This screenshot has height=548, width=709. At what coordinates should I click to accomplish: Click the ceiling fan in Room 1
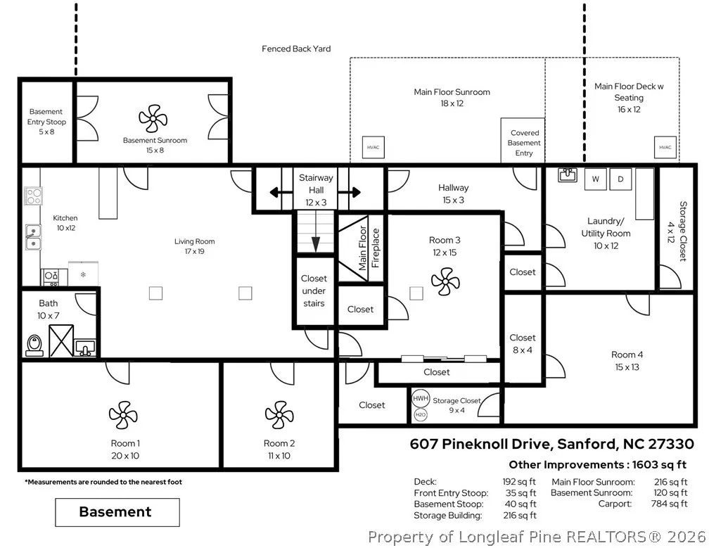pyautogui.click(x=123, y=415)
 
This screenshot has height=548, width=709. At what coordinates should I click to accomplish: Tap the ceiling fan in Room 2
pyautogui.click(x=279, y=415)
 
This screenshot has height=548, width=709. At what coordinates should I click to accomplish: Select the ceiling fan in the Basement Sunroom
pyautogui.click(x=153, y=118)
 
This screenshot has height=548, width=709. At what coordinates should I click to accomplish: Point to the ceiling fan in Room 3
pyautogui.click(x=445, y=281)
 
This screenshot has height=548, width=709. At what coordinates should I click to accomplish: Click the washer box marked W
pyautogui.click(x=596, y=179)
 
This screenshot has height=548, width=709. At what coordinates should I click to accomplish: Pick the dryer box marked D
pyautogui.click(x=620, y=179)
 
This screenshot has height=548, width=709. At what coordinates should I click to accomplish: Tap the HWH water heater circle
pyautogui.click(x=421, y=398)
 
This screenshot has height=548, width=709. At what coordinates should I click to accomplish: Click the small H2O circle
pyautogui.click(x=421, y=414)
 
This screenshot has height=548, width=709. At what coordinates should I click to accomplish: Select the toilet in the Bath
pyautogui.click(x=34, y=345)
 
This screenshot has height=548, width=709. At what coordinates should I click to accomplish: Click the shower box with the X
pyautogui.click(x=61, y=340)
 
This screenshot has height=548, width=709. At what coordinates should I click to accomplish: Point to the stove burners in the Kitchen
pyautogui.click(x=34, y=196)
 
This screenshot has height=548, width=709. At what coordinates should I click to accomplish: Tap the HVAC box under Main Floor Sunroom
pyautogui.click(x=373, y=148)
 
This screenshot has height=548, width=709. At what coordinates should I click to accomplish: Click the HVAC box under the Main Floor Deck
pyautogui.click(x=665, y=148)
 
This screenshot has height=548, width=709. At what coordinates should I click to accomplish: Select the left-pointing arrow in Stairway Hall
pyautogui.click(x=281, y=193)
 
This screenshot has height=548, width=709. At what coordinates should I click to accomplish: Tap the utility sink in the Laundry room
pyautogui.click(x=568, y=174)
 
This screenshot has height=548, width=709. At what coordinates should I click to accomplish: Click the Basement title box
pyautogui.click(x=117, y=512)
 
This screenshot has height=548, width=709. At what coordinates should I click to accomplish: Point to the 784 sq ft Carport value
pyautogui.click(x=669, y=504)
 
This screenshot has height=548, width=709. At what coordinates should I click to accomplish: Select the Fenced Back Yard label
pyautogui.click(x=296, y=49)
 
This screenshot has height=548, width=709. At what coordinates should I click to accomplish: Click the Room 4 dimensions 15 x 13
pyautogui.click(x=627, y=367)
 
